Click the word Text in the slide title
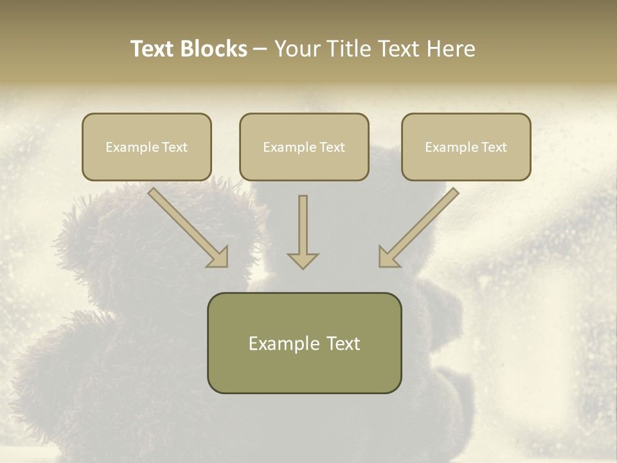point(154,49)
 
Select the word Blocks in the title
point(214,49)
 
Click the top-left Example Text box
point(147,147)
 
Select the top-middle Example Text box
point(304,147)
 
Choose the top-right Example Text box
point(466,147)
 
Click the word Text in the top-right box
point(494,147)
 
